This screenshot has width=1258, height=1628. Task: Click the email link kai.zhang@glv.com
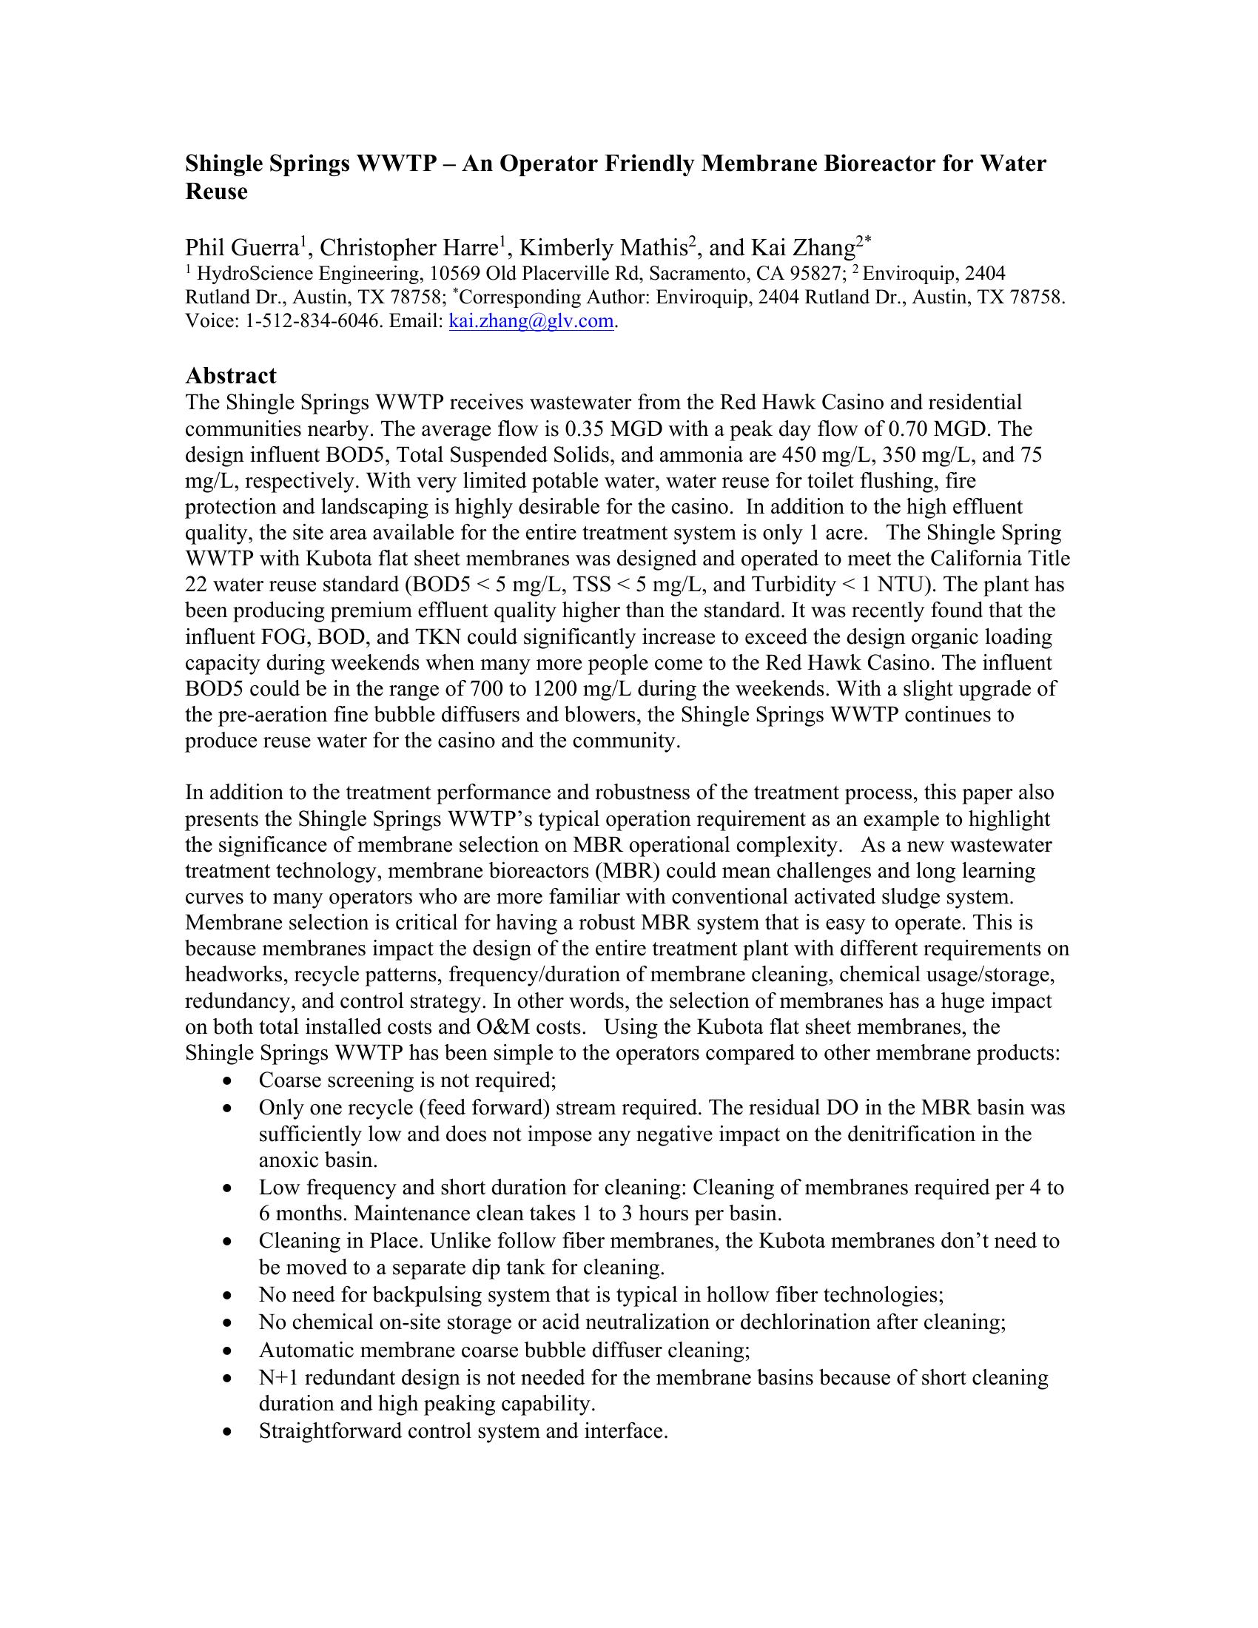pos(532,322)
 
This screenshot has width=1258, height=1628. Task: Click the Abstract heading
pos(230,375)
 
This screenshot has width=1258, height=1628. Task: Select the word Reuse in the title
pos(216,192)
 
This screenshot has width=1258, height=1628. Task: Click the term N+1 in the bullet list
pos(278,1378)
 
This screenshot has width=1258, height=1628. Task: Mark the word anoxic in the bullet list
pos(289,1160)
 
